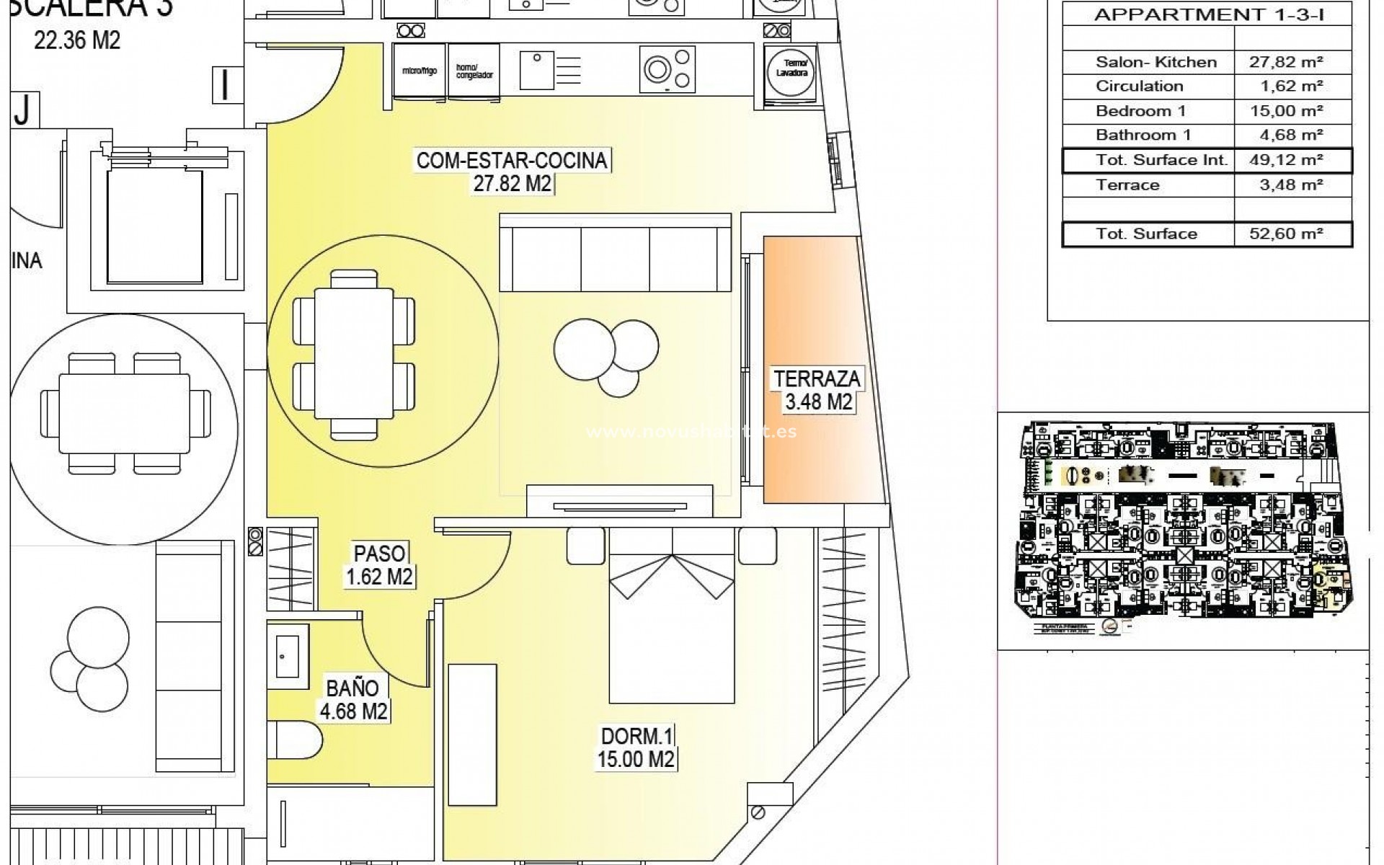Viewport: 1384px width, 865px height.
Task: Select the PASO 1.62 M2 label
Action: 379,565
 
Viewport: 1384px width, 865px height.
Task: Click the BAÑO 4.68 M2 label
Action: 353,700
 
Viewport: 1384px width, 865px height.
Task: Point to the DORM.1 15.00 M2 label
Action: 636,748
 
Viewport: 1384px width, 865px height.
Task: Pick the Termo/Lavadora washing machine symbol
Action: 791,72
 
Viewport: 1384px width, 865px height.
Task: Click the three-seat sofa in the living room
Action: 615,252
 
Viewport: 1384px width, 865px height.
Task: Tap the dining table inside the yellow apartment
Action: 353,352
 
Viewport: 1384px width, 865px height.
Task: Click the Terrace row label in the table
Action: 1127,185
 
